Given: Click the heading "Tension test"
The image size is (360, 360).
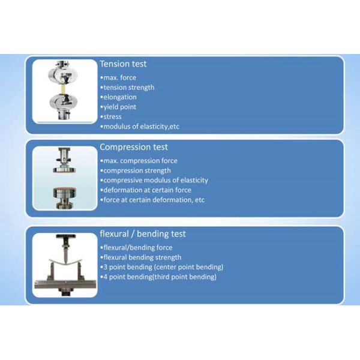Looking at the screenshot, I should pos(123,64).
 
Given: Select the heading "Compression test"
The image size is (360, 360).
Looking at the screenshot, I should pos(133,147).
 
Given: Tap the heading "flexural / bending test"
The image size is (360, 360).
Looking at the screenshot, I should pos(142,233).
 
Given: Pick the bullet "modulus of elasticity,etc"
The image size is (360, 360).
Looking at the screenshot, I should pos(139,127).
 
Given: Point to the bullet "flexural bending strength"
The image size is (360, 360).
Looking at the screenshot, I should pos(140,257).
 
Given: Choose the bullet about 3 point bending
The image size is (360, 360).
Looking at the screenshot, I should pos(161,267).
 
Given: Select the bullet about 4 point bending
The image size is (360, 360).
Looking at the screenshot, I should pos(158,277).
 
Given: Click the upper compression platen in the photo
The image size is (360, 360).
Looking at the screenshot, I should pos(64,169).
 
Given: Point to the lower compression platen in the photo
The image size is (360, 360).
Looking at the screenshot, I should pos(64,194).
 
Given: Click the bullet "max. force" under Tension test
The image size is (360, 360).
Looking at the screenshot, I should pos(118,78).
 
